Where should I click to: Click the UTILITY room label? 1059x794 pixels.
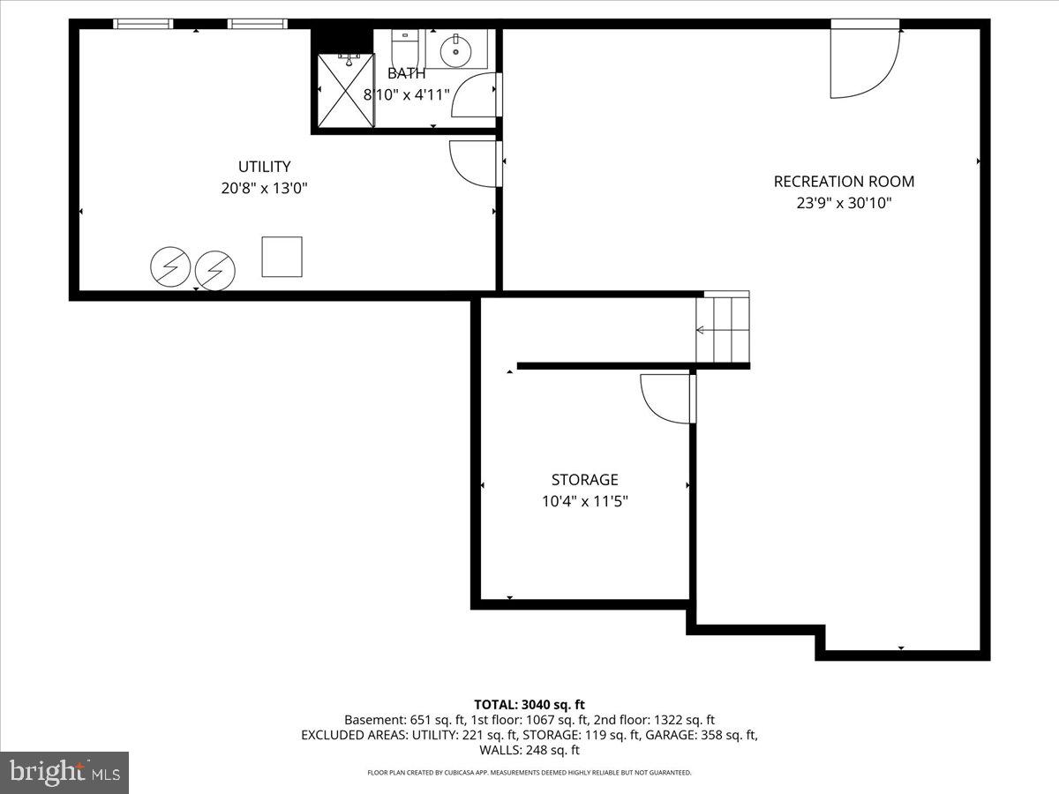click(264, 167)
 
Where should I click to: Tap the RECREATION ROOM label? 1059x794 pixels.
click(844, 182)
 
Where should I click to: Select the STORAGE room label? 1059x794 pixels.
click(584, 480)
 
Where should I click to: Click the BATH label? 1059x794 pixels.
click(406, 74)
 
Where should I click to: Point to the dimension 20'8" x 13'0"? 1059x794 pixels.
click(264, 188)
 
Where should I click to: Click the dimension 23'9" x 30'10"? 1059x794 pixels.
click(844, 203)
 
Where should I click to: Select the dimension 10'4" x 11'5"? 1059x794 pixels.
click(584, 501)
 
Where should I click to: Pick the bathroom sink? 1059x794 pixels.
click(456, 49)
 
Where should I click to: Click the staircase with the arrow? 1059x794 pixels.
click(722, 329)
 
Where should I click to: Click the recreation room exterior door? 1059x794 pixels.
click(864, 64)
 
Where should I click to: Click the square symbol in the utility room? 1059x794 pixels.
click(282, 257)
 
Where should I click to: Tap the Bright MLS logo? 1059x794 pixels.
click(64, 773)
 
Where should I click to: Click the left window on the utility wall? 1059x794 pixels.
click(143, 25)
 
